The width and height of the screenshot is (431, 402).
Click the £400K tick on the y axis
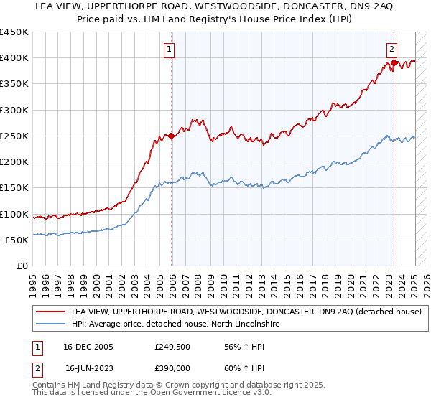pyautogui.click(x=14, y=58)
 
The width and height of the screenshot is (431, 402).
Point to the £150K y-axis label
pyautogui.click(x=14, y=188)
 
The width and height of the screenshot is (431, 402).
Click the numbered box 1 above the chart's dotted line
pyautogui.click(x=169, y=50)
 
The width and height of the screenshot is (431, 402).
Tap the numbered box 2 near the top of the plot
pyautogui.click(x=391, y=50)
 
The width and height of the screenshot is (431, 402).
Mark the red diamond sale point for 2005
pyautogui.click(x=172, y=136)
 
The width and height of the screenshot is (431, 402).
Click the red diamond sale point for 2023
pyautogui.click(x=394, y=63)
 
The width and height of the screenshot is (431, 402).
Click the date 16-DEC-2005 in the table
pyautogui.click(x=88, y=347)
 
